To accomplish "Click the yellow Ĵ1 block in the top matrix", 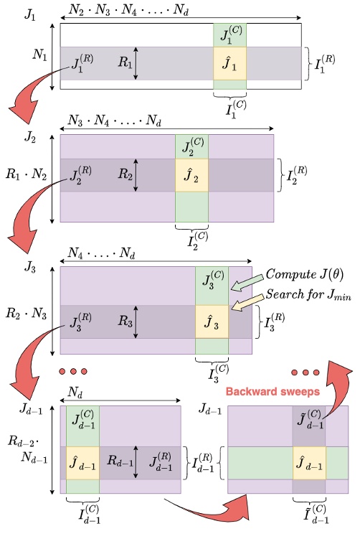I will (229, 63).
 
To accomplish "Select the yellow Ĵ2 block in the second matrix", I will (191, 174).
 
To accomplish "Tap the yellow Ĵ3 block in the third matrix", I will (212, 321).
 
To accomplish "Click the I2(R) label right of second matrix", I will (295, 174).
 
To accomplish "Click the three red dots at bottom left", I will (72, 372).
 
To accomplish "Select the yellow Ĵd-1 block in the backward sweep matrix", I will (309, 463).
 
